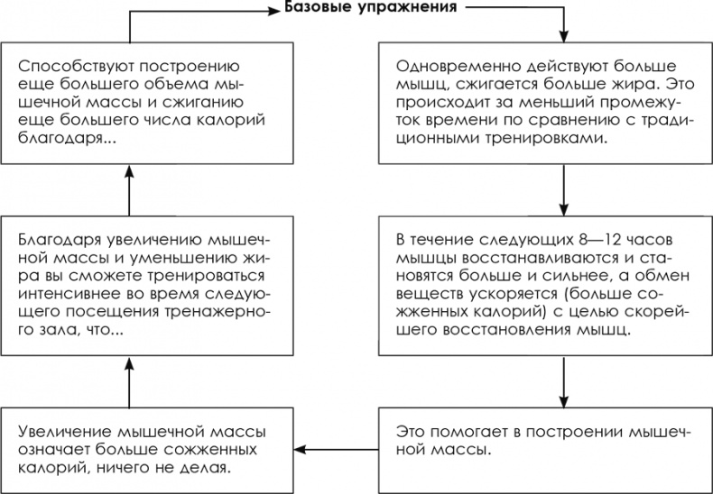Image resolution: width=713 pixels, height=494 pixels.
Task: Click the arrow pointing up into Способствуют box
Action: point(130,189)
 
